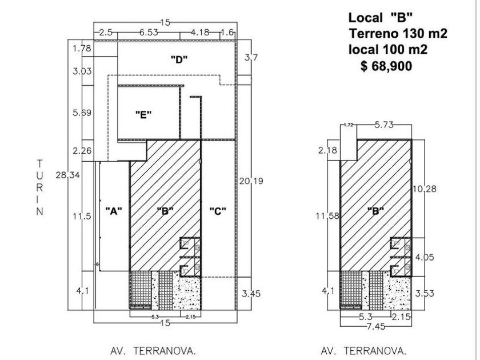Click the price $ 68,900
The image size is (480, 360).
coord(386,66)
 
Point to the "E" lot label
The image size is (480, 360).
coord(143,114)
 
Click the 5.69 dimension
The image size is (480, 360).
coord(82,113)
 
